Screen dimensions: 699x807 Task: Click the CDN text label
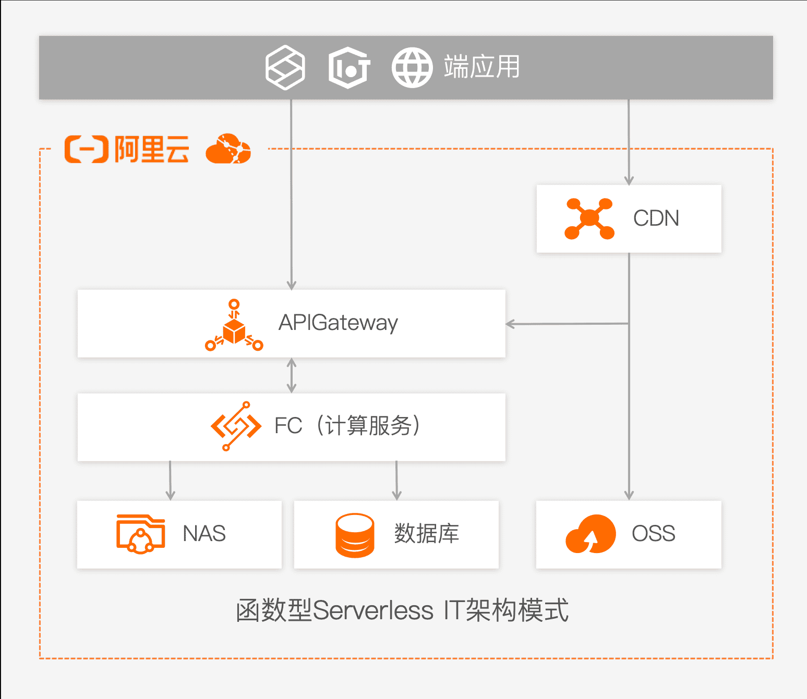656,218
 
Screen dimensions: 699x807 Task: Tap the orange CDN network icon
589,218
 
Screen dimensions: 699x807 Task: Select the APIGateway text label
338,323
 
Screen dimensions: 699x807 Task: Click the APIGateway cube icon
234,327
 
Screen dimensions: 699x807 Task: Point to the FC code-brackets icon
236,426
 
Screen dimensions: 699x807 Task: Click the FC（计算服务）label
347,426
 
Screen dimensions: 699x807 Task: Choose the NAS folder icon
140,534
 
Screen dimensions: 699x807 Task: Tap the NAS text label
204,534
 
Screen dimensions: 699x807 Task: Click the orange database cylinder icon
355,535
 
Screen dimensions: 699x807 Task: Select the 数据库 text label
426,534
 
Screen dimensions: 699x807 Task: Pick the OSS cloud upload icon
591,534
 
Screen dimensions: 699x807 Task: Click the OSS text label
653,534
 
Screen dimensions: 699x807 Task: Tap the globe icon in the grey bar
412,68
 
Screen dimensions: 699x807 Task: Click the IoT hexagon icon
349,68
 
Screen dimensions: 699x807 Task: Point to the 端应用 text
481,67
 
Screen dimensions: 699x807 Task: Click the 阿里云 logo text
151,150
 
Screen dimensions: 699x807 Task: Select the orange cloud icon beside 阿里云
228,149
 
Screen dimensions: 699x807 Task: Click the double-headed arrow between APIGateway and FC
292,375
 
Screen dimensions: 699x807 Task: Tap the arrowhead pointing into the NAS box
170,495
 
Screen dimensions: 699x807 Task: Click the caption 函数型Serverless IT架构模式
402,610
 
